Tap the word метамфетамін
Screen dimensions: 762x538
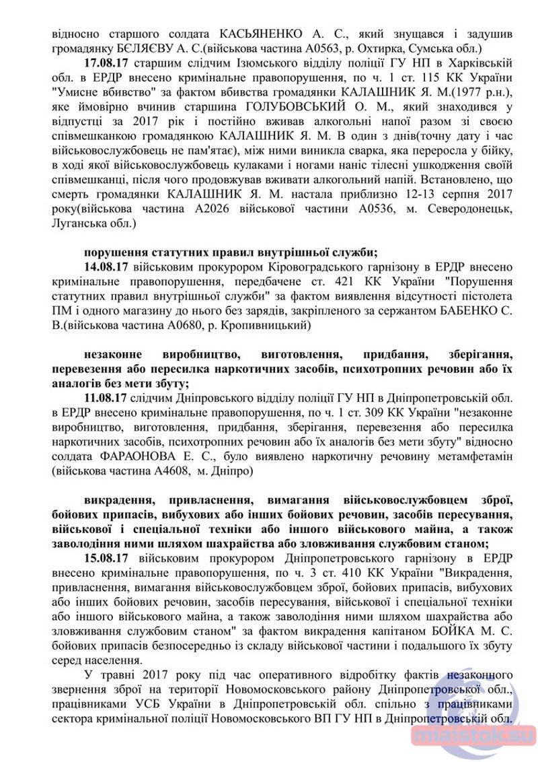pos(477,457)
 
